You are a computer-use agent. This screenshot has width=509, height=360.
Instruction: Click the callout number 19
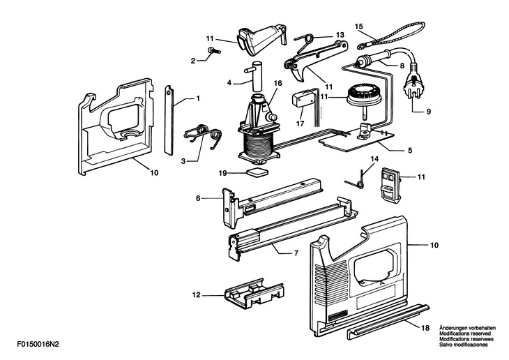222,173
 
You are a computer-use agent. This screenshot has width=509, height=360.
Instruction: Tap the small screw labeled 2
213,50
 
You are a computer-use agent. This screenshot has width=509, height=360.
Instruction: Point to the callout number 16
278,83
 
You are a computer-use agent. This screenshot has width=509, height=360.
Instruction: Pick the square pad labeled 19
258,172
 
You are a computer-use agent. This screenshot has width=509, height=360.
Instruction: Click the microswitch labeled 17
303,99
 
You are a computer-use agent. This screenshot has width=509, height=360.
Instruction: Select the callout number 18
425,328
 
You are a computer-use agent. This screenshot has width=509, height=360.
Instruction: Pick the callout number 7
296,253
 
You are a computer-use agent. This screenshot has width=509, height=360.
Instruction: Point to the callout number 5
410,151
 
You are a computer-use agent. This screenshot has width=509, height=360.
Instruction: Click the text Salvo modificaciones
463,345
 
